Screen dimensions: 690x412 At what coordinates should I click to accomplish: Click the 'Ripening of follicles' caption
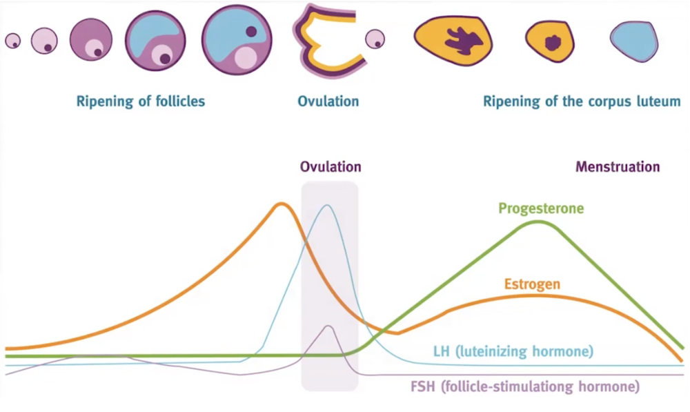[141, 101]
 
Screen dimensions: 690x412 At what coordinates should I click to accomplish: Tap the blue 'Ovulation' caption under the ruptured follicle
[328, 101]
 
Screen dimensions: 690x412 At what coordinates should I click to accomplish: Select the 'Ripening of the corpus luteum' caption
[582, 101]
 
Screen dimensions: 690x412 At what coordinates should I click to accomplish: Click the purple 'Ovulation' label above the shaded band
[330, 167]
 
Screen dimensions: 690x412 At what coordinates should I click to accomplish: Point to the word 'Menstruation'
[618, 167]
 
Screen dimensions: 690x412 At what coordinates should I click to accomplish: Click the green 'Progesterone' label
[541, 208]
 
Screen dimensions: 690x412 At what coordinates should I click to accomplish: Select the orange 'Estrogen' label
[532, 284]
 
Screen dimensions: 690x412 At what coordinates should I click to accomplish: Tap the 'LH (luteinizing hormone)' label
[513, 351]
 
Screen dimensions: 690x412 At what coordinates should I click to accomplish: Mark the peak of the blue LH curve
[327, 205]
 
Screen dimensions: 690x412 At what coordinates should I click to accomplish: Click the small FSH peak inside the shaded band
[328, 326]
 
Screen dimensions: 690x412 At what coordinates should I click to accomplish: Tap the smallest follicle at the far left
[12, 41]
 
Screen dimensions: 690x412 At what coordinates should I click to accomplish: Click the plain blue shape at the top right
[633, 41]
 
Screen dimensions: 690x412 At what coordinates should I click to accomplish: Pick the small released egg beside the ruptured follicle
[375, 39]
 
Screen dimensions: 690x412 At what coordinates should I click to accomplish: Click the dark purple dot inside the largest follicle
[251, 31]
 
